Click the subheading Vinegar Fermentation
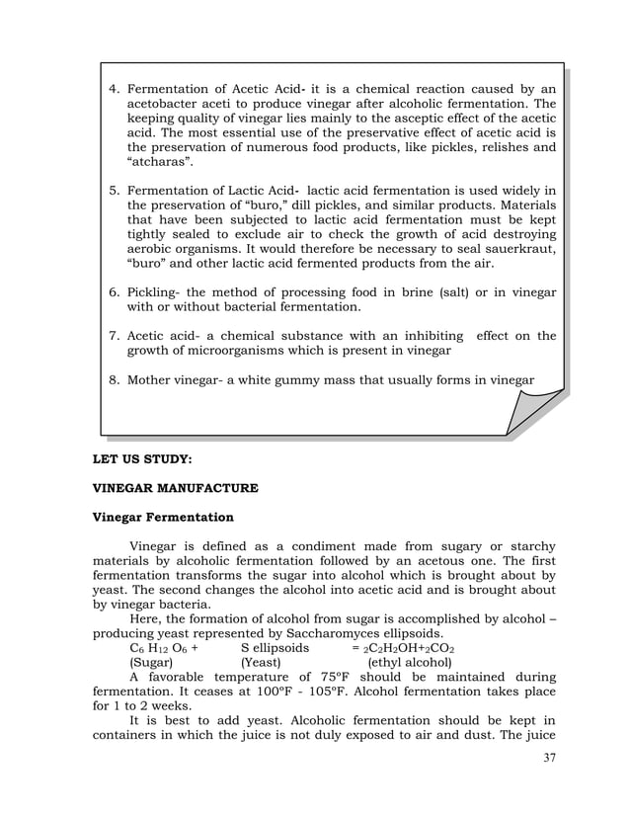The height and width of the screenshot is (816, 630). [163, 517]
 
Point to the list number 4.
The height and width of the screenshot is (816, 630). [113, 89]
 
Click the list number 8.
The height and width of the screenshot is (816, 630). [113, 379]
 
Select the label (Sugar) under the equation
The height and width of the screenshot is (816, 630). [151, 663]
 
